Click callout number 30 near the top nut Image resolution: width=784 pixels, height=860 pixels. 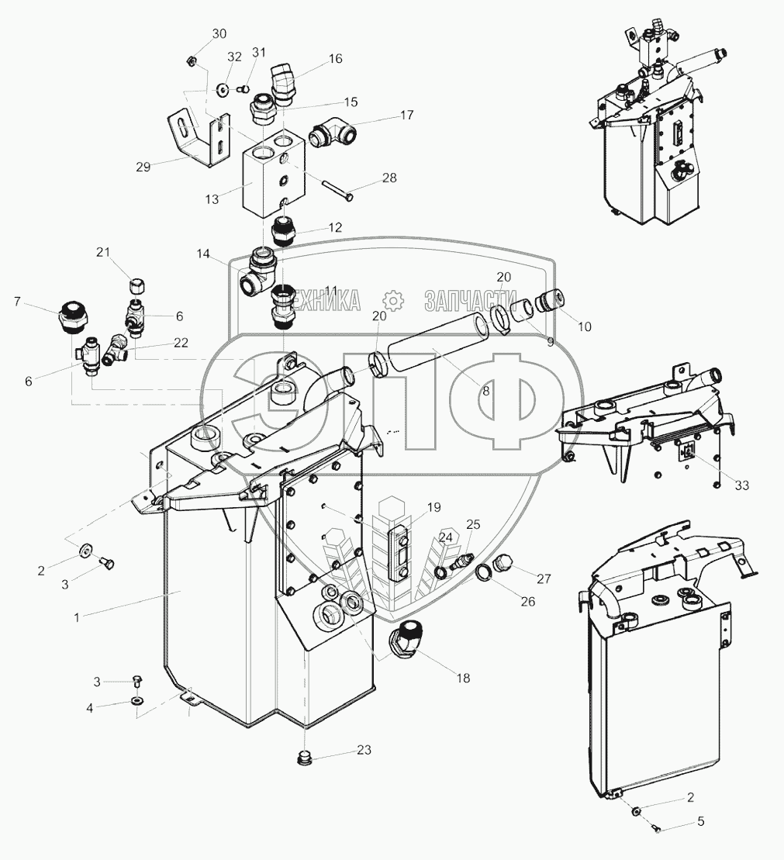219,33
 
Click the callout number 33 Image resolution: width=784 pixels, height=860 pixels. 742,485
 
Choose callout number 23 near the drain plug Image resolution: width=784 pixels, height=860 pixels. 364,750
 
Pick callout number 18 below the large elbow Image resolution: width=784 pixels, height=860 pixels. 463,678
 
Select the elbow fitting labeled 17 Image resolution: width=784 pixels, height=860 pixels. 332,135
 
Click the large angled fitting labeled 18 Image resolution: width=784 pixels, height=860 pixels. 406,638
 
